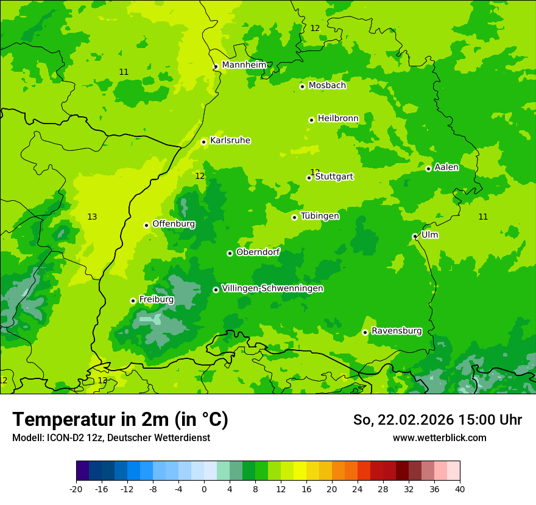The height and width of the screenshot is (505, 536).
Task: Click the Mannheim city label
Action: point(244,65)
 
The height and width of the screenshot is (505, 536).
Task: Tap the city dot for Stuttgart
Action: point(309,178)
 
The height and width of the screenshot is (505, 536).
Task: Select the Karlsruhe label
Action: point(230,141)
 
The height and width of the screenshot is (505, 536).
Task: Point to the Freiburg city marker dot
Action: point(133,301)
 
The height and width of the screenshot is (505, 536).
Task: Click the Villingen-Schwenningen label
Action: point(272,288)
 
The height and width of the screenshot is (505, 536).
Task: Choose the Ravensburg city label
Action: point(397,331)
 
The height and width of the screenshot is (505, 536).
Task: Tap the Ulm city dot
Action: point(415,237)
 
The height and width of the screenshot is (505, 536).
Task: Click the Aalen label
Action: point(446,167)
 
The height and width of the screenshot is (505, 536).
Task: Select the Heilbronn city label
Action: point(338,119)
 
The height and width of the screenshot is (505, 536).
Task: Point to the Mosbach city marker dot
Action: point(302,86)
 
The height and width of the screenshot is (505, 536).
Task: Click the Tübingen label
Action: point(320,216)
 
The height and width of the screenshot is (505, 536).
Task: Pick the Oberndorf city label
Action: point(258,252)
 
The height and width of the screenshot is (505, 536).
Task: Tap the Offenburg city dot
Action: point(146,225)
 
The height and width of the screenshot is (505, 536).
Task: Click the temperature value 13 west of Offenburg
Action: point(92,217)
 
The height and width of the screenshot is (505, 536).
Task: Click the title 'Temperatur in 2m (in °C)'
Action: point(120,420)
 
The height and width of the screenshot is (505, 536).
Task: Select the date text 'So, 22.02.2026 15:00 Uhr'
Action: point(437,420)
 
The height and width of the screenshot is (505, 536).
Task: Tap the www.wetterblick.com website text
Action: point(439,438)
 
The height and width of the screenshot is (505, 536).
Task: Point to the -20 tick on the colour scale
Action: point(76,489)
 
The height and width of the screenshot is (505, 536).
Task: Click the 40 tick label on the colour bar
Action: point(459,489)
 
